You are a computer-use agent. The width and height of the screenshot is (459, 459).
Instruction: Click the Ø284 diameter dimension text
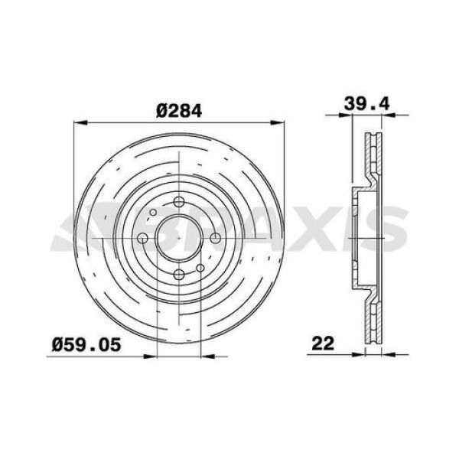(x=178, y=110)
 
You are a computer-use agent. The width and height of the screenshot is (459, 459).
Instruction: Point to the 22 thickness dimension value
(x=324, y=344)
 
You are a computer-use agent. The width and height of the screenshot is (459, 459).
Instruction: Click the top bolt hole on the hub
(x=179, y=202)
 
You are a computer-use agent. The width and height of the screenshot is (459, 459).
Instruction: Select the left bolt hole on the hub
(x=142, y=239)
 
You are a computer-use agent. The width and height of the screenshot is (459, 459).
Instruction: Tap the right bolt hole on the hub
(x=216, y=239)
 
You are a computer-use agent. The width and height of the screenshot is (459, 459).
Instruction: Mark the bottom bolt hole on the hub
(x=179, y=275)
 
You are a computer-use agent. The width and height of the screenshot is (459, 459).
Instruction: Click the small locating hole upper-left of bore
(x=153, y=213)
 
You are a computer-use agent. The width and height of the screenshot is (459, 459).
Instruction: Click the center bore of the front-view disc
(x=179, y=239)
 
